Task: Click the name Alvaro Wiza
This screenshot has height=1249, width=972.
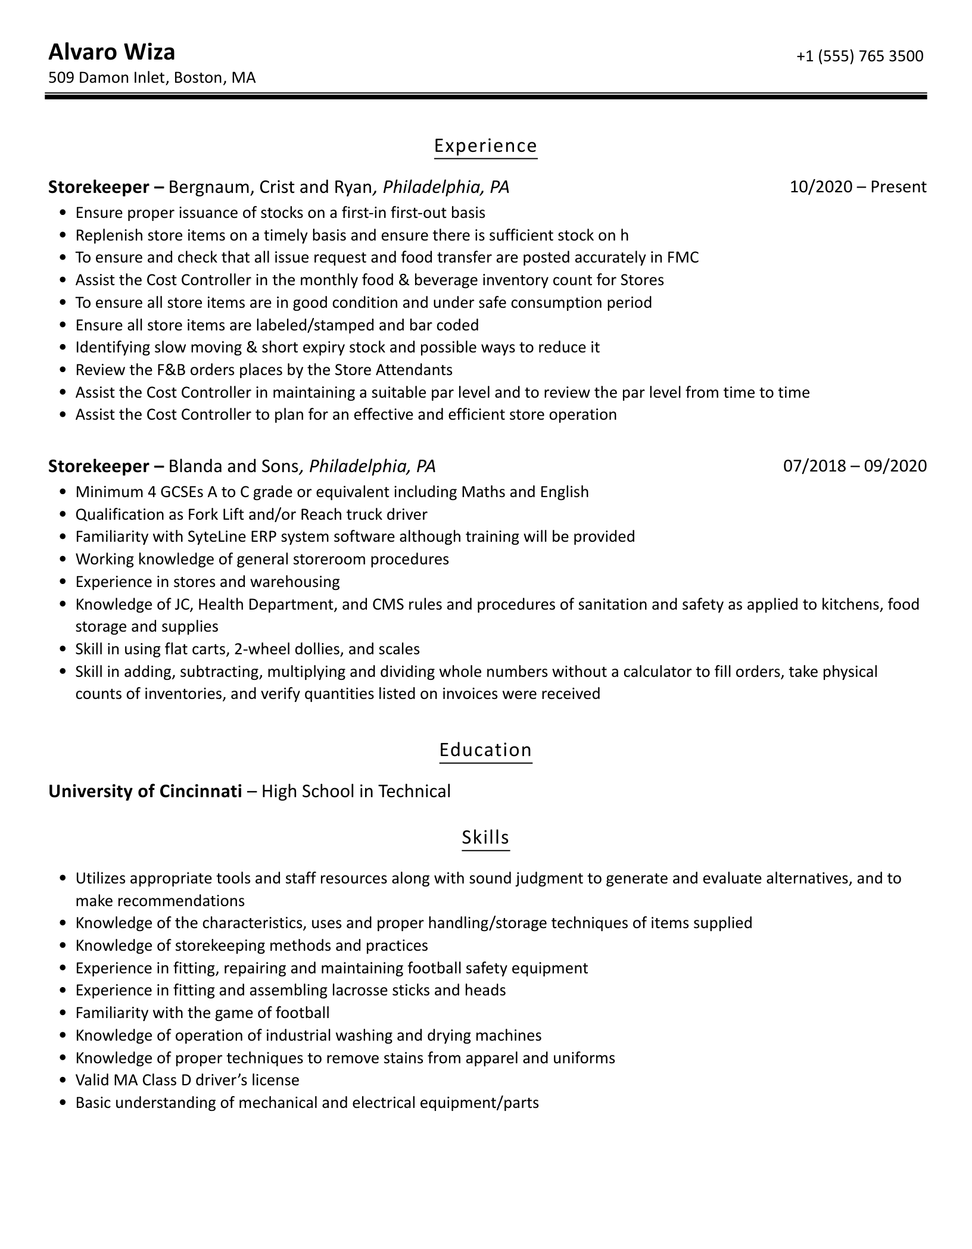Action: (111, 52)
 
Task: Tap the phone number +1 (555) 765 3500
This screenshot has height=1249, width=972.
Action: (859, 56)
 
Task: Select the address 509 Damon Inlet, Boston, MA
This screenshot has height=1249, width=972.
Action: (152, 78)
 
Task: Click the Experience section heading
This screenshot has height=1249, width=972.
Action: (485, 146)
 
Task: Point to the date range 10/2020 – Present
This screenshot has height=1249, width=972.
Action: (858, 187)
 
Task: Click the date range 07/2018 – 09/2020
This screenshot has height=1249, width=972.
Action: (855, 466)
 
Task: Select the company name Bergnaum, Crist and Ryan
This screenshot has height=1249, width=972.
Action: (270, 188)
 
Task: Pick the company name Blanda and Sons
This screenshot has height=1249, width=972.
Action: (233, 466)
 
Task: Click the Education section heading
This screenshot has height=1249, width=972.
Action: (485, 750)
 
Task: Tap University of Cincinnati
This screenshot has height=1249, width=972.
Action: (145, 791)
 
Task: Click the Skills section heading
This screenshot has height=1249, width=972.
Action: (485, 838)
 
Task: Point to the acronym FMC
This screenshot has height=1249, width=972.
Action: (683, 258)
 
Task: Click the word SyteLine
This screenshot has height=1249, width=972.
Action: (213, 537)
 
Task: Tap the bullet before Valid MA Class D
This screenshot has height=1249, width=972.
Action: (63, 1081)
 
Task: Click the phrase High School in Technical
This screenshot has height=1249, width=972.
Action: (356, 791)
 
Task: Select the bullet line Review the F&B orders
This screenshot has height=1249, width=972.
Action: (263, 370)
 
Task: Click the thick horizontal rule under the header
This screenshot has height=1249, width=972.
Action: (485, 96)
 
